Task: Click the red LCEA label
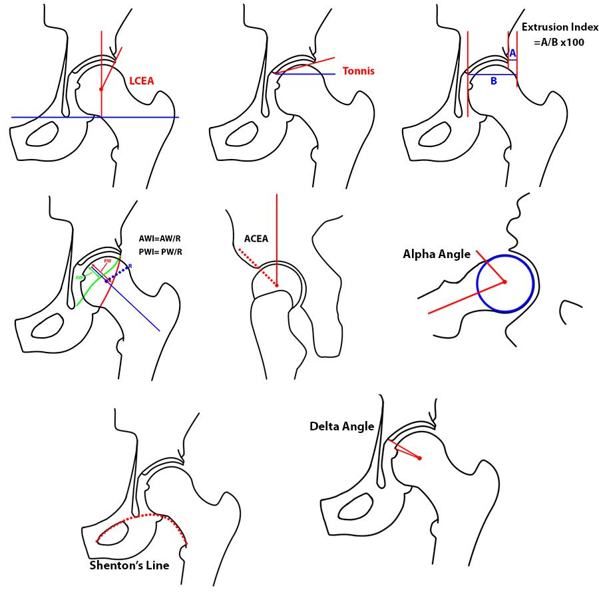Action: [141, 80]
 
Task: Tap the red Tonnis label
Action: [358, 71]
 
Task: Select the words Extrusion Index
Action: [560, 27]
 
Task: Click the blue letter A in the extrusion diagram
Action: [512, 53]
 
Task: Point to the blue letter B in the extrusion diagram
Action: [493, 81]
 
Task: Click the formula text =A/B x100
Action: [559, 41]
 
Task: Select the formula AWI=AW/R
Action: [160, 238]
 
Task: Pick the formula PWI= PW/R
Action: [160, 251]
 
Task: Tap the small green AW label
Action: [79, 277]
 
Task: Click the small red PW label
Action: [107, 261]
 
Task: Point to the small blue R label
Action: [130, 266]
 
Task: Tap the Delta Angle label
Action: [341, 426]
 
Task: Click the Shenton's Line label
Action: [129, 565]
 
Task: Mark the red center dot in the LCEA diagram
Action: [101, 89]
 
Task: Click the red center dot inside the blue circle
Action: [504, 282]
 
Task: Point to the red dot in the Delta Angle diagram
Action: [420, 458]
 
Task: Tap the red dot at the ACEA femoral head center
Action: [276, 286]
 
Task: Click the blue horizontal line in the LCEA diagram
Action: [40, 117]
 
